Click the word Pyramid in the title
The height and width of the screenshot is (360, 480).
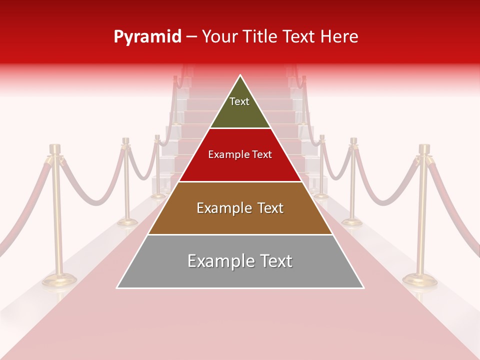tap(147, 37)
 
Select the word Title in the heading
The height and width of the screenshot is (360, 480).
tap(265, 37)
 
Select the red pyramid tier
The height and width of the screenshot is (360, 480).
tap(240, 162)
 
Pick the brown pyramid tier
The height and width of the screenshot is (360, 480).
tap(240, 215)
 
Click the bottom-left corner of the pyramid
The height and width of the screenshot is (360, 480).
tap(117, 287)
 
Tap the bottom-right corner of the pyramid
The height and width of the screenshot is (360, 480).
tap(363, 287)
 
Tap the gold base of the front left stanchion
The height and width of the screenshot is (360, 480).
tap(58, 280)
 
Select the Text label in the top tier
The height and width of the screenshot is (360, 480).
tap(239, 101)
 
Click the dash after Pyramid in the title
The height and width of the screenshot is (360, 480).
tap(191, 37)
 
